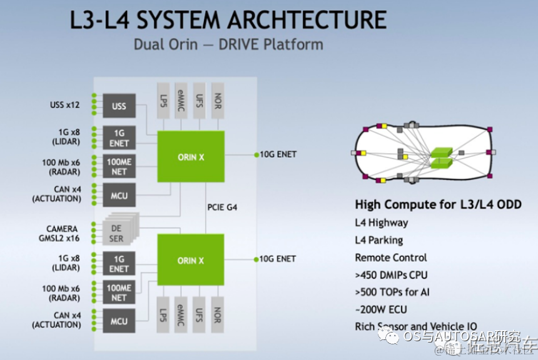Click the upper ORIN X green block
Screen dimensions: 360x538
(x=191, y=157)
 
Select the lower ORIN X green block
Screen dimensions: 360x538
(x=191, y=260)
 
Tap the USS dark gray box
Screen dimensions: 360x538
(x=119, y=106)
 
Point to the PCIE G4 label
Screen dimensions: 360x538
(x=222, y=207)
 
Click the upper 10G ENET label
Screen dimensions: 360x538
(x=278, y=154)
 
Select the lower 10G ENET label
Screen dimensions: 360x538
(x=278, y=259)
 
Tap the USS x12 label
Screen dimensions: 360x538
(x=65, y=105)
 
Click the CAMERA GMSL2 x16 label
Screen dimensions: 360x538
(x=63, y=234)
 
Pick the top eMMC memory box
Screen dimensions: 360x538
(x=181, y=100)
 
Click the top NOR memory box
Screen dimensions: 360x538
(x=217, y=100)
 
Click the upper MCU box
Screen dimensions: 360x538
(x=119, y=196)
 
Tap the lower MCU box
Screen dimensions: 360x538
(x=119, y=321)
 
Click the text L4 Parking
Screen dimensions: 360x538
(x=378, y=240)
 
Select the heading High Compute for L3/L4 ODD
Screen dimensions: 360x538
(x=438, y=204)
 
